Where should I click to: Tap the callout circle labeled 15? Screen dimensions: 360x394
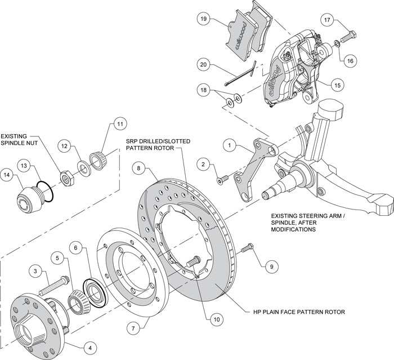coord(337,85)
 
